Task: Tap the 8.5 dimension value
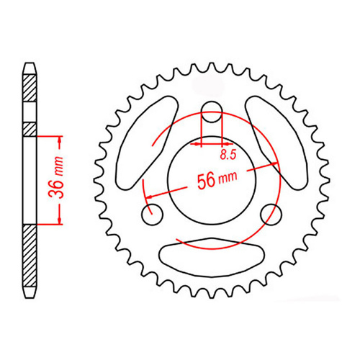(228, 154)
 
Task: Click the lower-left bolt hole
(152, 212)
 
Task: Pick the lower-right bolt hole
(271, 212)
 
